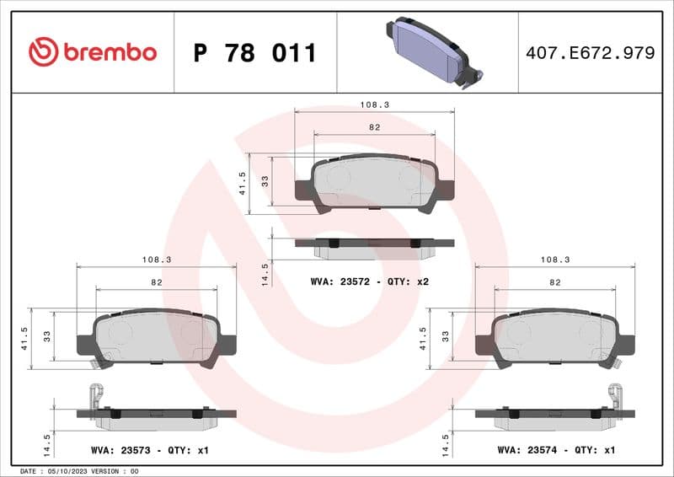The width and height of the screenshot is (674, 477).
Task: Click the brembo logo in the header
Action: click(x=92, y=52)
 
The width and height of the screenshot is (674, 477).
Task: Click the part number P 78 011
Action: click(x=254, y=53)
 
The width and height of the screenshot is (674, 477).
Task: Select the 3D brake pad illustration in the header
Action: click(x=431, y=51)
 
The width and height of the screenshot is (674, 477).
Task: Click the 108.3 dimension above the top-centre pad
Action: click(x=374, y=105)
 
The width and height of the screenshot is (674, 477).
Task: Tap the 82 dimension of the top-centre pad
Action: click(x=374, y=127)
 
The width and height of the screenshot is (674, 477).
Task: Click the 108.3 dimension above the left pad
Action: click(x=157, y=260)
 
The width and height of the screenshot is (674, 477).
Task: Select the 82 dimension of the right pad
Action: click(x=554, y=282)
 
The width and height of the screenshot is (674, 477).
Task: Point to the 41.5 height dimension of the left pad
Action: click(x=25, y=337)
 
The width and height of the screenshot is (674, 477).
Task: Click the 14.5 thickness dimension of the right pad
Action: click(x=447, y=444)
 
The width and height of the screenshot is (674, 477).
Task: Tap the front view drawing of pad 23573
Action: click(x=157, y=339)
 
